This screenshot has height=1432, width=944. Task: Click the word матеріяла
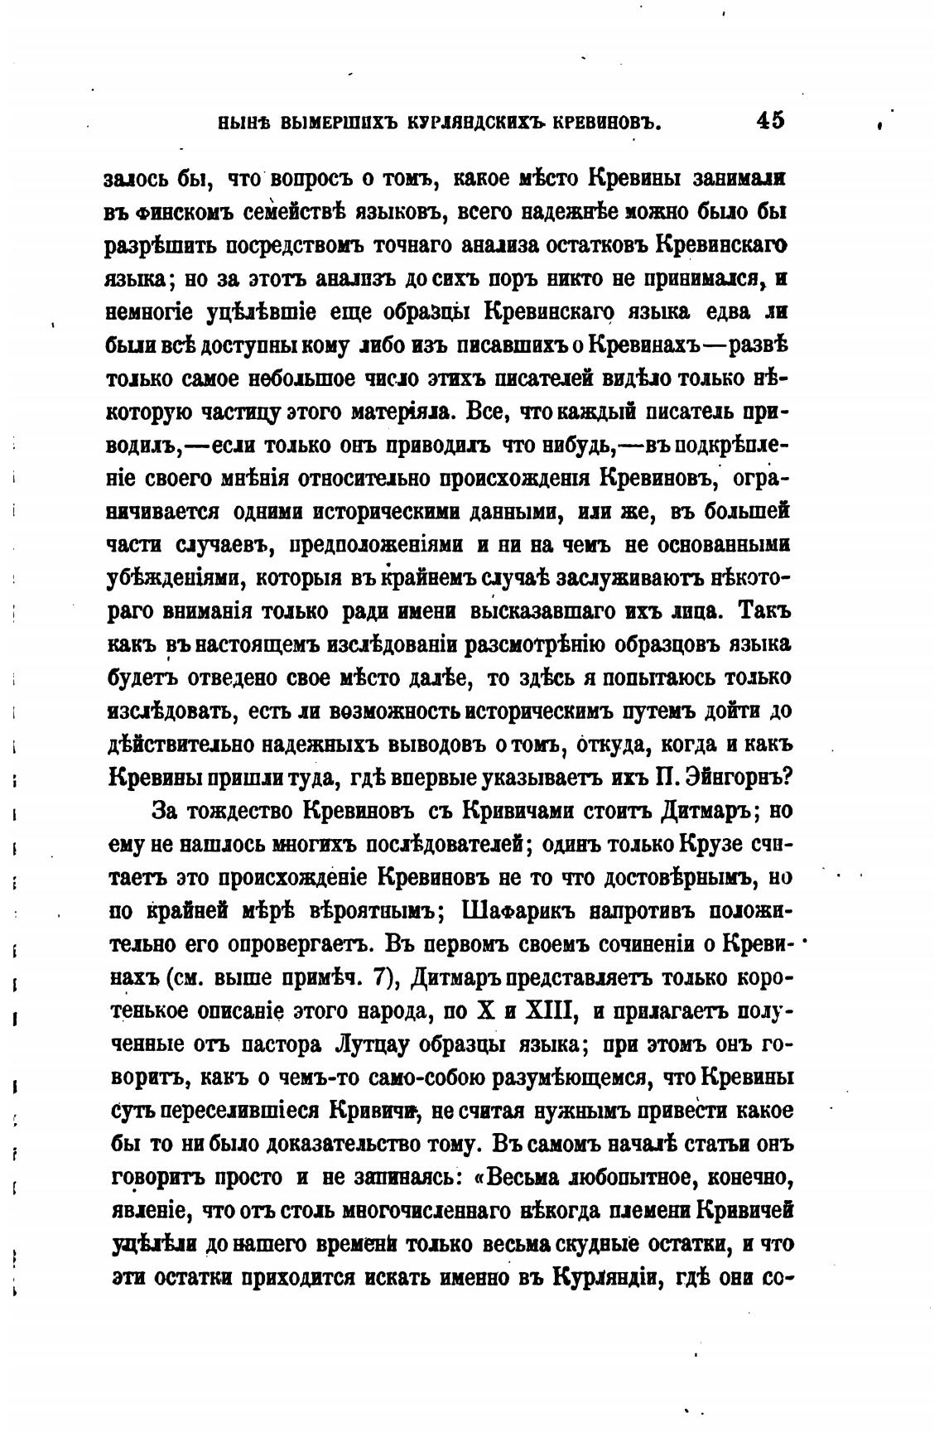coord(402,412)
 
